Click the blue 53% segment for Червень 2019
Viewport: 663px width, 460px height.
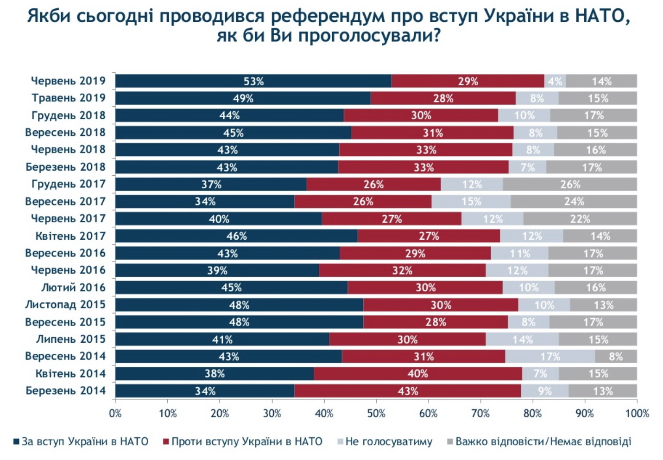pyautogui.click(x=253, y=81)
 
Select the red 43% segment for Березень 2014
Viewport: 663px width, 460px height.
pyautogui.click(x=408, y=391)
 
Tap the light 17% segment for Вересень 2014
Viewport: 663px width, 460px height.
pyautogui.click(x=550, y=357)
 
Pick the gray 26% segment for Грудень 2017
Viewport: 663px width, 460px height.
pyautogui.click(x=570, y=185)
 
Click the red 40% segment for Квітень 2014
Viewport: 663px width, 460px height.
pyautogui.click(x=417, y=374)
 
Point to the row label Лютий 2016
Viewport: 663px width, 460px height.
pyautogui.click(x=74, y=287)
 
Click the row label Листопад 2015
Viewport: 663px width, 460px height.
pyautogui.click(x=65, y=305)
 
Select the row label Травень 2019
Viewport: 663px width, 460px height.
pyautogui.click(x=69, y=98)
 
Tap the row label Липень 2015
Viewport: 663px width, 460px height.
pyautogui.click(x=71, y=339)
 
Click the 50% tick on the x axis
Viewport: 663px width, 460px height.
pyautogui.click(x=376, y=413)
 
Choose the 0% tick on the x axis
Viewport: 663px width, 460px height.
pyautogui.click(x=115, y=413)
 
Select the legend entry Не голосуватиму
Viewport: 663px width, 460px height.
pyautogui.click(x=388, y=441)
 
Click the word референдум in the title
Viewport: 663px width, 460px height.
pyautogui.click(x=327, y=16)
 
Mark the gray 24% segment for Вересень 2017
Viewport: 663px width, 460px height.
pyautogui.click(x=574, y=202)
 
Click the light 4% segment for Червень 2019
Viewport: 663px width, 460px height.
pyautogui.click(x=555, y=81)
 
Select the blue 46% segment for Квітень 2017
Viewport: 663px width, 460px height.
pyautogui.click(x=236, y=236)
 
